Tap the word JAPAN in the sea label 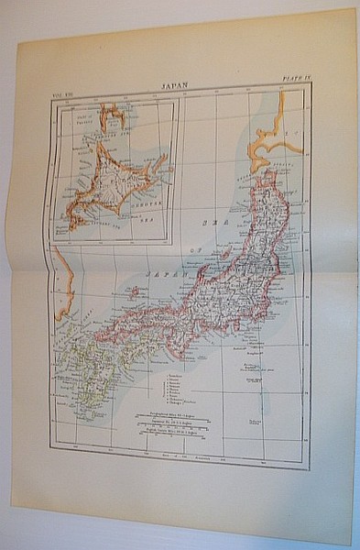pos(167,275)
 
